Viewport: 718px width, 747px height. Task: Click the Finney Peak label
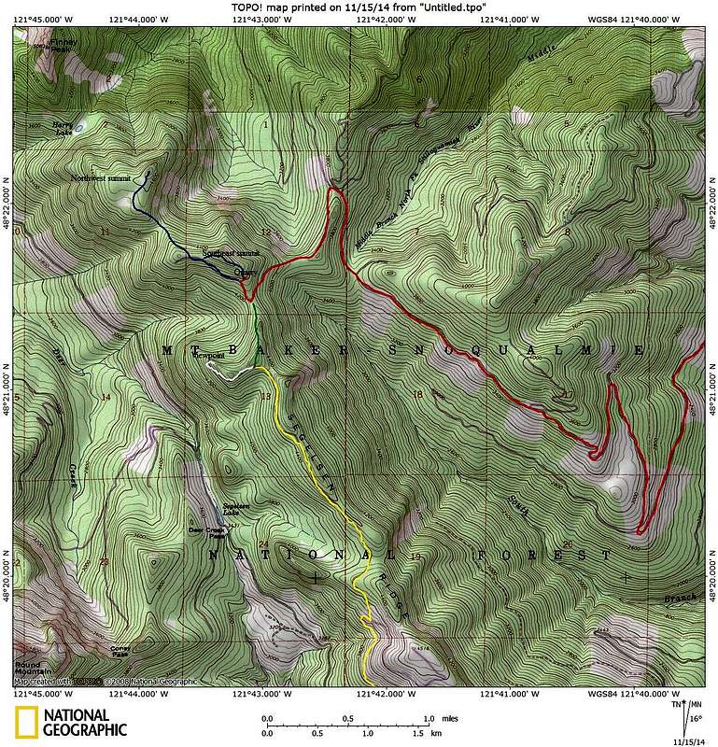point(63,43)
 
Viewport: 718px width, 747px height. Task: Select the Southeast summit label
point(231,254)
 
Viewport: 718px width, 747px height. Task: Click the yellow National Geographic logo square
point(25,724)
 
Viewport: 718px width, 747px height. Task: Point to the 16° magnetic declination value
point(696,720)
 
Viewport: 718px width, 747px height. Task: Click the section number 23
point(103,561)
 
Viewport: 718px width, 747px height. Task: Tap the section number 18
point(416,395)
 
